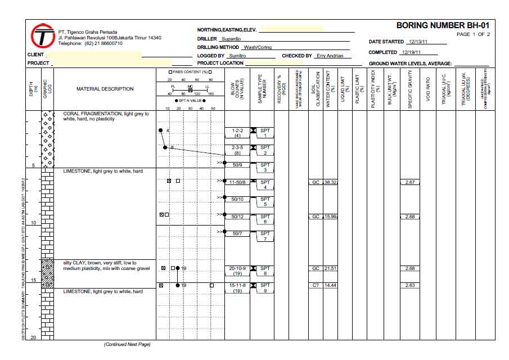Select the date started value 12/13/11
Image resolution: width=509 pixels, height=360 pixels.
pyautogui.click(x=419, y=42)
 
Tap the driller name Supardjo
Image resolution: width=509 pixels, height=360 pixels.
pyautogui.click(x=232, y=39)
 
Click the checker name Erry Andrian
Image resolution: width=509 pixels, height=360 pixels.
pyautogui.click(x=330, y=56)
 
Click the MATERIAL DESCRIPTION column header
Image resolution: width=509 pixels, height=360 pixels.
pyautogui.click(x=105, y=89)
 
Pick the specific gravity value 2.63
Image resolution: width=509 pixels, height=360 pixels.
pyautogui.click(x=409, y=286)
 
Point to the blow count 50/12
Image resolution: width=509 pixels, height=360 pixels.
pyautogui.click(x=237, y=217)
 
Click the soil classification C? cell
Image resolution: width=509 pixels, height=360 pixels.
pyautogui.click(x=316, y=286)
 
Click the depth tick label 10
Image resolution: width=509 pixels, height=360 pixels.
pyautogui.click(x=33, y=223)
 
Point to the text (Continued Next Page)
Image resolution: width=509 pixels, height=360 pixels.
pyautogui.click(x=128, y=344)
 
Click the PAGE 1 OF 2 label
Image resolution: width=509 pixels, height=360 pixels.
pyautogui.click(x=473, y=34)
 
